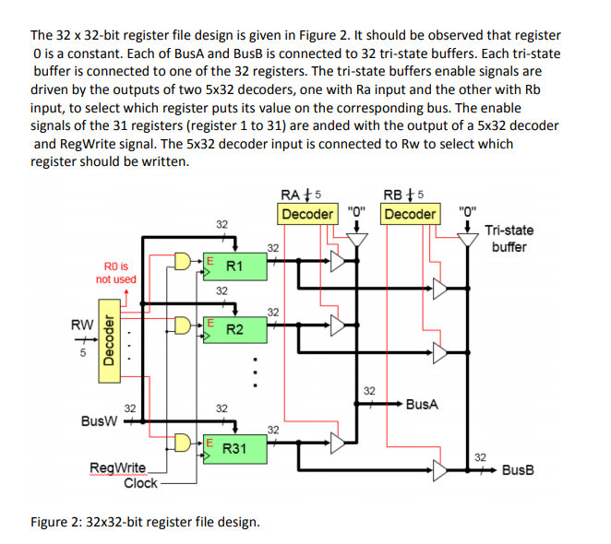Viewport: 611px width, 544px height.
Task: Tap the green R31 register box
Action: point(234,448)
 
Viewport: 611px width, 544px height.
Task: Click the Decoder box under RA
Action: point(307,214)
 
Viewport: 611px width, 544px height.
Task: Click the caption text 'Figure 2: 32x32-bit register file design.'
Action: point(145,522)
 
